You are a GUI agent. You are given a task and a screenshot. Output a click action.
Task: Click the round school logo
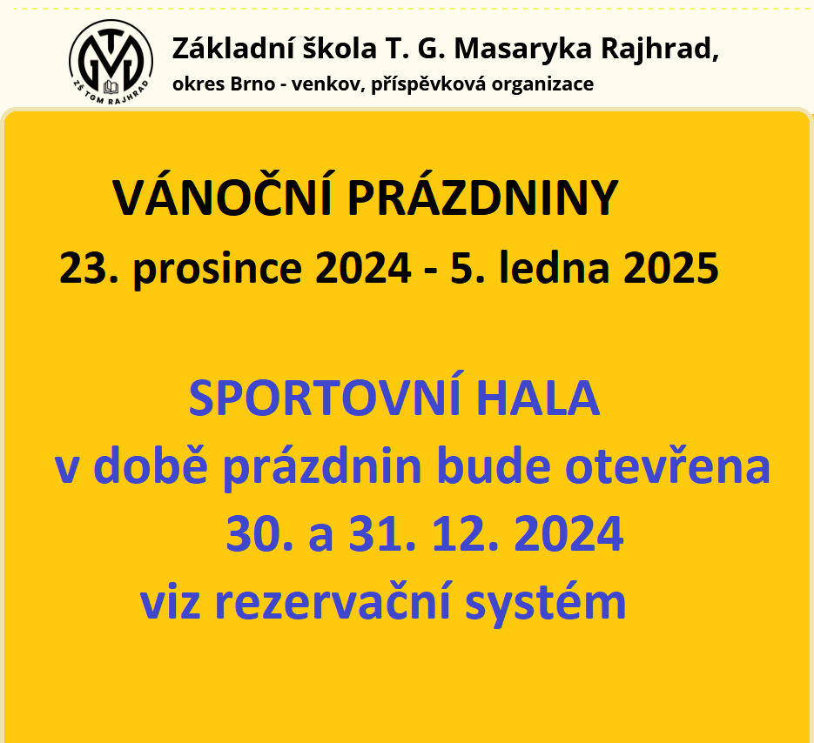[x=111, y=62]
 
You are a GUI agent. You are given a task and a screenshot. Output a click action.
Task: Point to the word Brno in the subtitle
[x=252, y=84]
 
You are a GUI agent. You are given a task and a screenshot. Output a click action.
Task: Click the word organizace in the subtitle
[x=543, y=85]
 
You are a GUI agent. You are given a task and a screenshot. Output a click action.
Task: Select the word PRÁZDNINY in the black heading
[x=483, y=197]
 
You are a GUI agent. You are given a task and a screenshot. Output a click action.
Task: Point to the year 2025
[x=670, y=268]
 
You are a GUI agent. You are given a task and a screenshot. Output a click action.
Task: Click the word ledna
[x=554, y=267]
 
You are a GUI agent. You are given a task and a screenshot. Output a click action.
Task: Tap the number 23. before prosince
[x=89, y=268]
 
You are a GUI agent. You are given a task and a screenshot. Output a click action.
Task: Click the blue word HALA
[x=538, y=398]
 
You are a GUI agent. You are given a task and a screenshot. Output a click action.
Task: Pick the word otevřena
[x=668, y=466]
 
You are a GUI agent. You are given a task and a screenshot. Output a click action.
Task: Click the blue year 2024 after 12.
[x=568, y=533]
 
